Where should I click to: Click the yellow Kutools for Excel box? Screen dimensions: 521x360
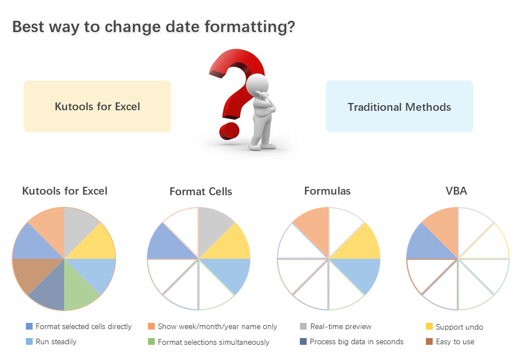[97, 106]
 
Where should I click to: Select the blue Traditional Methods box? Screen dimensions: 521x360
[399, 106]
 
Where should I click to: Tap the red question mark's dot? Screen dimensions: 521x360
[229, 131]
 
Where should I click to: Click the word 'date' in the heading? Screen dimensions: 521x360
[182, 26]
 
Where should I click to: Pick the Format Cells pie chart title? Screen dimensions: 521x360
[201, 192]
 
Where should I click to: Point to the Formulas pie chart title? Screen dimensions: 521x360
[327, 191]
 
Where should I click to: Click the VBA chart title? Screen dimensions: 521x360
[456, 191]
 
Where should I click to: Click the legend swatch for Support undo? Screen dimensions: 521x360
[429, 326]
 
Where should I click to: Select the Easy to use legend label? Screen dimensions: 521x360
[455, 342]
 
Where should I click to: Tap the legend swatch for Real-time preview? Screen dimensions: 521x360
[303, 326]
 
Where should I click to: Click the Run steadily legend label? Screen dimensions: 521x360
[56, 342]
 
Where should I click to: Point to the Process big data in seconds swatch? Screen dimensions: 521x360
[303, 341]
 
